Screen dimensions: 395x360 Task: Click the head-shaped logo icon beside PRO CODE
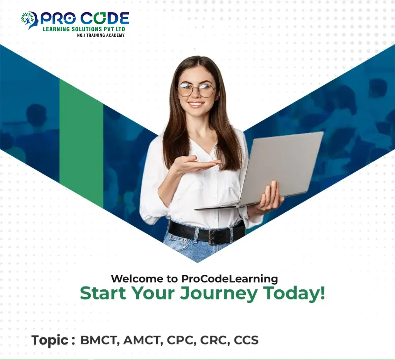click(29, 20)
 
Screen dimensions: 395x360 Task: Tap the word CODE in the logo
click(105, 19)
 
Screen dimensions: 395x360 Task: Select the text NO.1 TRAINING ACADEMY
click(101, 35)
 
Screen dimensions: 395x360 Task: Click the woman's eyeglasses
click(197, 90)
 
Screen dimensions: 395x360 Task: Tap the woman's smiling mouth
click(196, 104)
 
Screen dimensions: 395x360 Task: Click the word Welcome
click(137, 279)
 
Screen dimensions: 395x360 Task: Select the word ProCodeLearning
click(230, 279)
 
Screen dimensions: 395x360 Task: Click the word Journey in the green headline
click(219, 294)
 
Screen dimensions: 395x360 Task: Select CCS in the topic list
click(246, 340)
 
